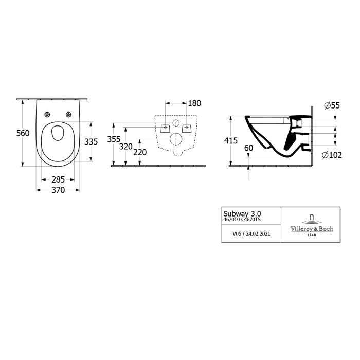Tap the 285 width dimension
pos(58,179)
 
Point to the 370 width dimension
pos(58,190)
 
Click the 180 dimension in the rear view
pos(194,103)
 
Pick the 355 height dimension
pos(114,140)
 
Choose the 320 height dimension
pos(126,146)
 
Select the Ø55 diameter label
pos(332,105)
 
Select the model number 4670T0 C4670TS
pos(242,220)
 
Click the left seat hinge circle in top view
pos(47,114)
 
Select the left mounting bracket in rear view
pos(166,128)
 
